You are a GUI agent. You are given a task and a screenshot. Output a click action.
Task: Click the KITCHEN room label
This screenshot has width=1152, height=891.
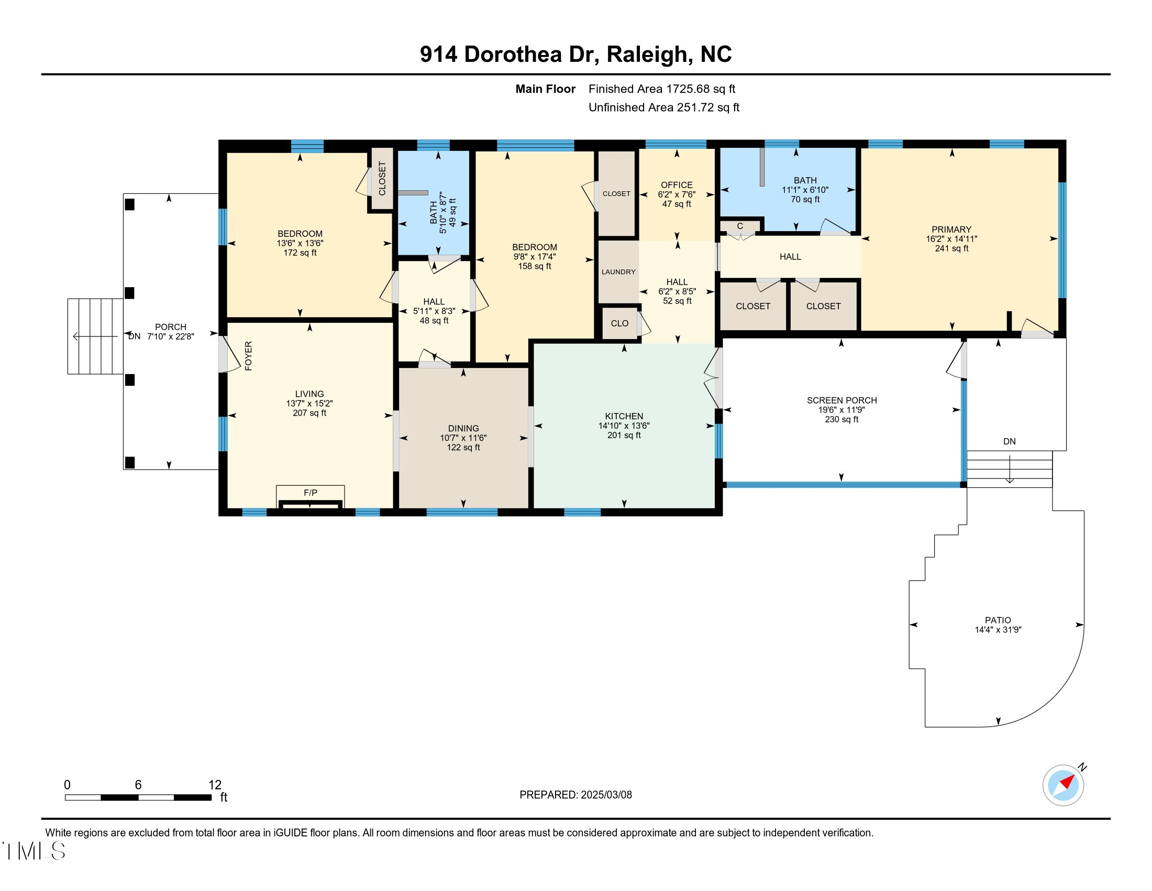624,416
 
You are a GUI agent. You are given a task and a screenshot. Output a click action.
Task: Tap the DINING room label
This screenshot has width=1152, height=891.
463,428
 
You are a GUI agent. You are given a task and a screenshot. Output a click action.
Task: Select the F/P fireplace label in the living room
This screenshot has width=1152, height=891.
310,493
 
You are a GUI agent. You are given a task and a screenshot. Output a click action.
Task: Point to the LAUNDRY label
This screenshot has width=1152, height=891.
618,272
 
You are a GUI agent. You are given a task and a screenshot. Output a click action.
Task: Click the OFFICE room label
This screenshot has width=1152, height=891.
677,184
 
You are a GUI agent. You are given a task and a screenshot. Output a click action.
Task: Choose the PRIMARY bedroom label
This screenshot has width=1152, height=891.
951,229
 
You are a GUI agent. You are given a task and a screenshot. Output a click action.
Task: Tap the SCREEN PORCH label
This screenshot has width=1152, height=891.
841,400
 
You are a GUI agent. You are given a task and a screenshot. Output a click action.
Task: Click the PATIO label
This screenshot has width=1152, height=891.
998,620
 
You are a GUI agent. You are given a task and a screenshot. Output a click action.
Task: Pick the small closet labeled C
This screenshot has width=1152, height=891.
740,226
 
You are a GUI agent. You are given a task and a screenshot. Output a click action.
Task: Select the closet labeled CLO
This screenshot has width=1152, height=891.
619,323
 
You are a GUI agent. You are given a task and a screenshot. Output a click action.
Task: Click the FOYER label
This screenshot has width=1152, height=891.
248,356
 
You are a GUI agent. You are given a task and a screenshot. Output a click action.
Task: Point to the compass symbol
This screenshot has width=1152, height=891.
1064,785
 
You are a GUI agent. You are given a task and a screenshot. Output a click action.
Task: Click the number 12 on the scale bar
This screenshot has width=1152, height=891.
215,785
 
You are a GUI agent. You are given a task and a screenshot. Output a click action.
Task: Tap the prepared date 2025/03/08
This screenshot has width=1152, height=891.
606,795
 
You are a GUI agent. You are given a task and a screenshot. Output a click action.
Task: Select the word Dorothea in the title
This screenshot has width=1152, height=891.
512,54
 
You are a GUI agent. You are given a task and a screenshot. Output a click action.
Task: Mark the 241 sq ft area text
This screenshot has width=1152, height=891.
951,248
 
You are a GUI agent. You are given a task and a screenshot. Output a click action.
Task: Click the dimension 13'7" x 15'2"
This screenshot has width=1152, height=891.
309,403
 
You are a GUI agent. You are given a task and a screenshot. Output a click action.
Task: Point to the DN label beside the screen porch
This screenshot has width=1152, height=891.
1009,441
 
